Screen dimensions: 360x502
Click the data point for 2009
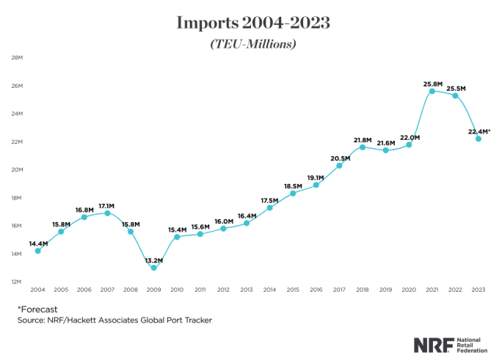click(153, 268)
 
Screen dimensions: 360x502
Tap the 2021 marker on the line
click(432, 91)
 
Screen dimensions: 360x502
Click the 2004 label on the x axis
click(37, 291)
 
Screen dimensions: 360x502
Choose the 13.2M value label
click(153, 260)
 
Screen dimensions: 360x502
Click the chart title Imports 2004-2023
click(252, 23)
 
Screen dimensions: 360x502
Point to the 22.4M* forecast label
click(479, 131)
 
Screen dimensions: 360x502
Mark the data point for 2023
click(479, 139)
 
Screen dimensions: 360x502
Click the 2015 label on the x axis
click(293, 291)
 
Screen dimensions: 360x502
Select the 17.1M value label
click(107, 206)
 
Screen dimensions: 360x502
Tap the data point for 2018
click(363, 147)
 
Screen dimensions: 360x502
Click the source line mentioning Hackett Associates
click(114, 320)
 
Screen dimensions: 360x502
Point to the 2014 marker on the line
click(269, 208)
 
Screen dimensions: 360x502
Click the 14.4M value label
click(38, 243)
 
